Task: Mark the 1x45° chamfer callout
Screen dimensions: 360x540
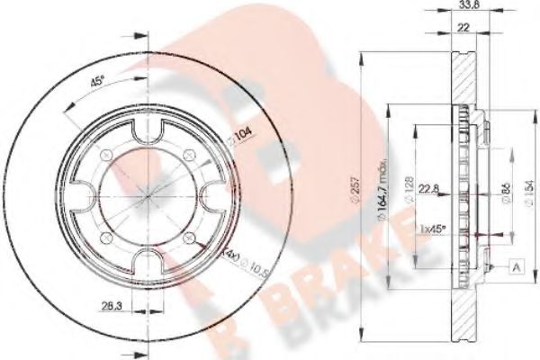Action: (436, 229)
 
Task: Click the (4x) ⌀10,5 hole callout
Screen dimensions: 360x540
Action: (238, 263)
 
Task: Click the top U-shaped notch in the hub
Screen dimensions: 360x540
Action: (148, 132)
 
